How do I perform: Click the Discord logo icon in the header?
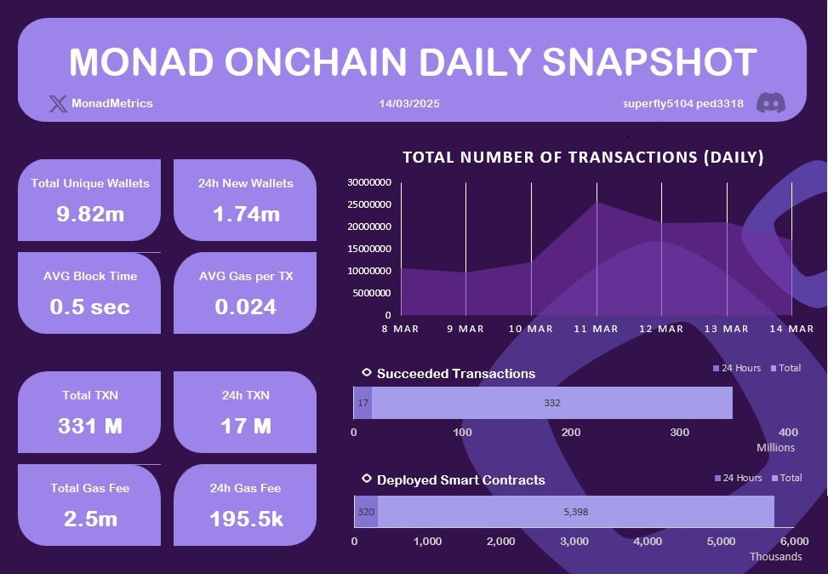pyautogui.click(x=771, y=103)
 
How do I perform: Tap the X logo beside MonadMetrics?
pyautogui.click(x=58, y=104)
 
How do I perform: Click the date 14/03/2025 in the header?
pyautogui.click(x=409, y=104)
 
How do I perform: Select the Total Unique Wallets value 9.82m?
pyautogui.click(x=90, y=214)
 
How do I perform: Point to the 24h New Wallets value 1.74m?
pyautogui.click(x=246, y=214)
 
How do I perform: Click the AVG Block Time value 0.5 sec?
pyautogui.click(x=90, y=307)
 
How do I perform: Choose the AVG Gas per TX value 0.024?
pyautogui.click(x=246, y=307)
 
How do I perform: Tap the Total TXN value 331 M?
pyautogui.click(x=90, y=426)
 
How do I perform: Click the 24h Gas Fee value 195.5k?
pyautogui.click(x=246, y=519)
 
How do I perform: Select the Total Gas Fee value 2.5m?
pyautogui.click(x=90, y=519)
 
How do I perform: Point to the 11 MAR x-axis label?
pyautogui.click(x=596, y=329)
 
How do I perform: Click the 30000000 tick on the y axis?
pyautogui.click(x=369, y=182)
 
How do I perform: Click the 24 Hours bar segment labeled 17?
pyautogui.click(x=363, y=403)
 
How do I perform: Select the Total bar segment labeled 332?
pyautogui.click(x=552, y=403)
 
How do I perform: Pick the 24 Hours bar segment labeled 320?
pyautogui.click(x=366, y=512)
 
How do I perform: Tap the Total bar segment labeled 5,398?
pyautogui.click(x=576, y=512)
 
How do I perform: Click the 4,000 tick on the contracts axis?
pyautogui.click(x=648, y=542)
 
